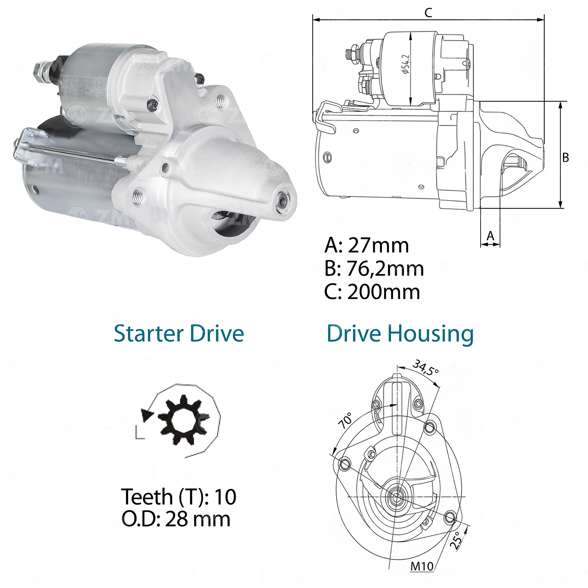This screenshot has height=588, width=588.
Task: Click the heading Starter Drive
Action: pyautogui.click(x=179, y=333)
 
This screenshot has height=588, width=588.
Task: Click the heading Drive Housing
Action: pyautogui.click(x=400, y=334)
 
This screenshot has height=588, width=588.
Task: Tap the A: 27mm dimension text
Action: pyautogui.click(x=367, y=245)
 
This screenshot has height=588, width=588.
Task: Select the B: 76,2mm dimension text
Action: pyautogui.click(x=374, y=269)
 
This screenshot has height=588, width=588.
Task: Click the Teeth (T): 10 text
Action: pyautogui.click(x=179, y=497)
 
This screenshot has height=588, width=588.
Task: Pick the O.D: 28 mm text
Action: pyautogui.click(x=176, y=519)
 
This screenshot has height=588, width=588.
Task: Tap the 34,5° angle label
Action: pyautogui.click(x=426, y=367)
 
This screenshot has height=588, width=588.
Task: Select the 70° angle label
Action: pyautogui.click(x=345, y=420)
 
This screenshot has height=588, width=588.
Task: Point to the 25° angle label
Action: pyautogui.click(x=456, y=540)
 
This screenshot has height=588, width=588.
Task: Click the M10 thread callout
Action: pyautogui.click(x=422, y=566)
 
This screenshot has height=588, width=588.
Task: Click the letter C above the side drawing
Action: pyautogui.click(x=428, y=13)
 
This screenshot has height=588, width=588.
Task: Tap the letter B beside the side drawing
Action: pyautogui.click(x=566, y=157)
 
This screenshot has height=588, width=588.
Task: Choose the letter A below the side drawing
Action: pyautogui.click(x=491, y=236)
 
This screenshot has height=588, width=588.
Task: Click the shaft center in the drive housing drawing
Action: pyautogui.click(x=396, y=497)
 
